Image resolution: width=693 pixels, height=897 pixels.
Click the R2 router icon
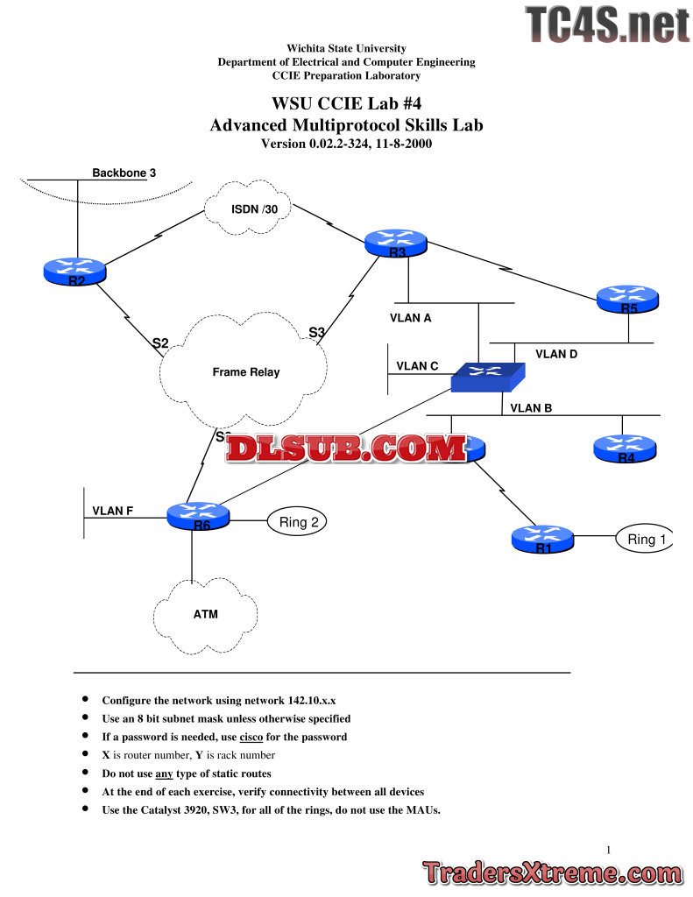74,272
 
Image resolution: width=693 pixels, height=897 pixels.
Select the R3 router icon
396,243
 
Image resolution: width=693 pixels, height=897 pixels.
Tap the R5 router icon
627,300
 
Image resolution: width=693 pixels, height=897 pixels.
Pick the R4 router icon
624,448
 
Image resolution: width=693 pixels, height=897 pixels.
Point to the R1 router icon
542,539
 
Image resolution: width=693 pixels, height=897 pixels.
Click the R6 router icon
198,515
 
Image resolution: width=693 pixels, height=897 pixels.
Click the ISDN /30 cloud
248,209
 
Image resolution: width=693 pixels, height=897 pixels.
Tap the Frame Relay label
246,372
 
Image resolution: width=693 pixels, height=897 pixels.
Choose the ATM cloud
205,615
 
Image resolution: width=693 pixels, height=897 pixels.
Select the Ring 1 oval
647,540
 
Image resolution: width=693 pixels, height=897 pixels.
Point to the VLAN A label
411,318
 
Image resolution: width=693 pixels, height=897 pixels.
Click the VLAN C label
417,366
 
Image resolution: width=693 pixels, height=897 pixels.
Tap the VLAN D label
557,354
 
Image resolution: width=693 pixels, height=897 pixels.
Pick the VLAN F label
113,511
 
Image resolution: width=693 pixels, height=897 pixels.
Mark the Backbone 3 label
124,173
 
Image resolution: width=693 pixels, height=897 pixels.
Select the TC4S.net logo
607,25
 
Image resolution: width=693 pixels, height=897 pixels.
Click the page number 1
609,849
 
